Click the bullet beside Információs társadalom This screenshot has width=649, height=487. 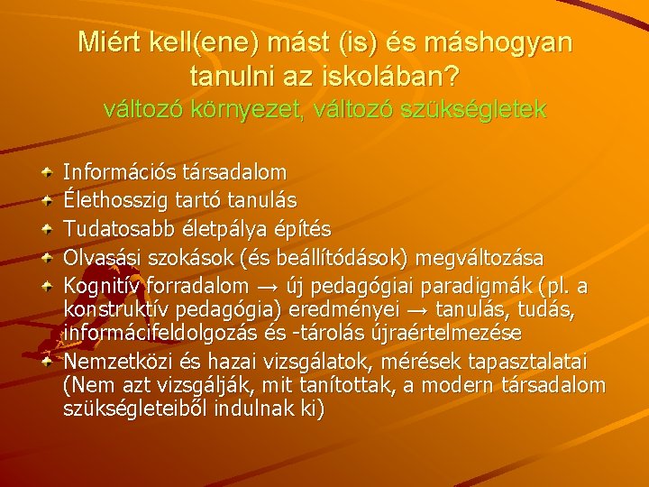(x=49, y=170)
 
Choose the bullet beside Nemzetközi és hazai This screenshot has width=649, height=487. (x=49, y=361)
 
